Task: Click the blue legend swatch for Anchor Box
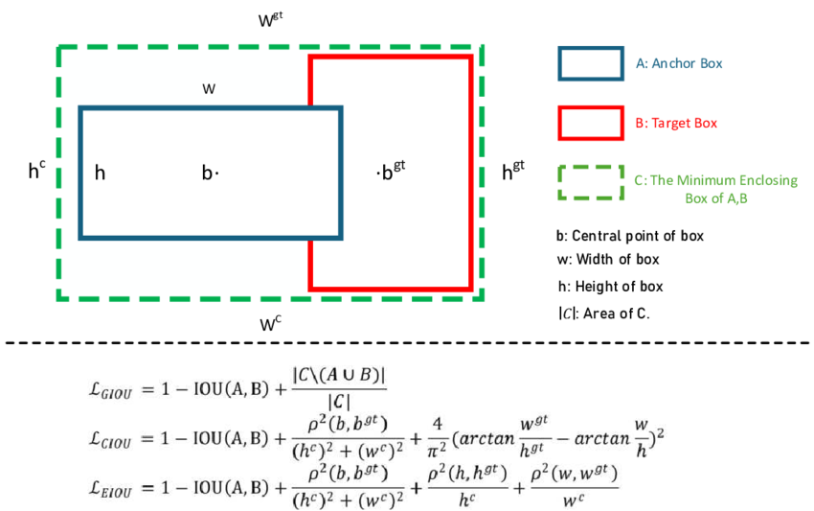(591, 63)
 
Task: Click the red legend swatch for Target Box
(591, 123)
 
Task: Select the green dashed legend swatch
(591, 182)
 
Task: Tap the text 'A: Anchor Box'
(678, 64)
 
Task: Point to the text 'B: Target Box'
(676, 124)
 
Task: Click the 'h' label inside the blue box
(100, 173)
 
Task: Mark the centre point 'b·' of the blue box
(210, 173)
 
